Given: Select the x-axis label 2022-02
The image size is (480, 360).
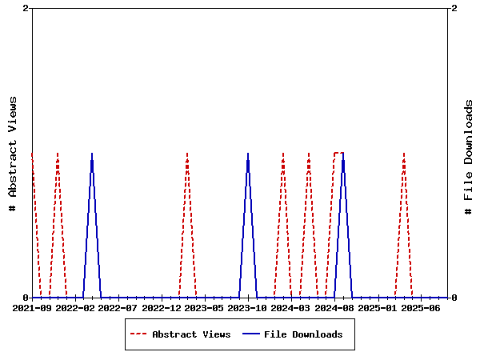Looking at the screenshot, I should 76,308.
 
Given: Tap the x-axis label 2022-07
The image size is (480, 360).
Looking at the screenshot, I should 119,308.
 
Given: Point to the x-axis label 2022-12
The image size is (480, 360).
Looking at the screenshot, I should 162,308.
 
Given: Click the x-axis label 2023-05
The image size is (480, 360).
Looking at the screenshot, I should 206,308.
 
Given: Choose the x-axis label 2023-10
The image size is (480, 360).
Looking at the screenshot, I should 249,308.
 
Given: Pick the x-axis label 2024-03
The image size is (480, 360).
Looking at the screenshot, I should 292,308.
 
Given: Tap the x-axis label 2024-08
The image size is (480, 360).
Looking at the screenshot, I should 335,308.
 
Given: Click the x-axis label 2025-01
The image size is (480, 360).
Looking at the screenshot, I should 378,308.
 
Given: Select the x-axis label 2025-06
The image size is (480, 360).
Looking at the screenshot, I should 422,308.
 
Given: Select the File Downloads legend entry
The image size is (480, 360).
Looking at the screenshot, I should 303,334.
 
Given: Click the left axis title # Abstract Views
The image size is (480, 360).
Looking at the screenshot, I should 13,154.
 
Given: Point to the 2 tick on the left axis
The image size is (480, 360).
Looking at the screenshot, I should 26,8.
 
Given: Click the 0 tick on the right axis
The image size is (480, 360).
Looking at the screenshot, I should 454,298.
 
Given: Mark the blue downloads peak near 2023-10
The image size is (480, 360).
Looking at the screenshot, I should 248,153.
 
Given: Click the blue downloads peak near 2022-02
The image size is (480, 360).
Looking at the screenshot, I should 92,153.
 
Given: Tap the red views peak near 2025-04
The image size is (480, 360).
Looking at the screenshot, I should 404,153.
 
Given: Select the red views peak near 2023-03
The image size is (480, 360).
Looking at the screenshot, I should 187,153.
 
